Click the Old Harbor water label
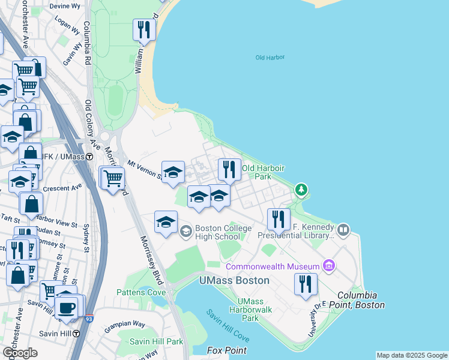[270, 58]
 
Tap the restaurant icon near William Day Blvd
[144, 30]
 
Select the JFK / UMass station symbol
[89, 157]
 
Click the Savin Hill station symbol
[76, 333]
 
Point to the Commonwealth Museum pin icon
[328, 265]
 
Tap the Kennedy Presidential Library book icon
[343, 230]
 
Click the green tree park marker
[301, 190]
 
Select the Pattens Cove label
[141, 292]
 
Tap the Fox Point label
[227, 350]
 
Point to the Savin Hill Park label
[157, 341]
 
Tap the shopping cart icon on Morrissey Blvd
[113, 178]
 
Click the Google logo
[20, 352]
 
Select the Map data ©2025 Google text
[412, 355]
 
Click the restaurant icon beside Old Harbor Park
[229, 170]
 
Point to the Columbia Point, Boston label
[361, 300]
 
